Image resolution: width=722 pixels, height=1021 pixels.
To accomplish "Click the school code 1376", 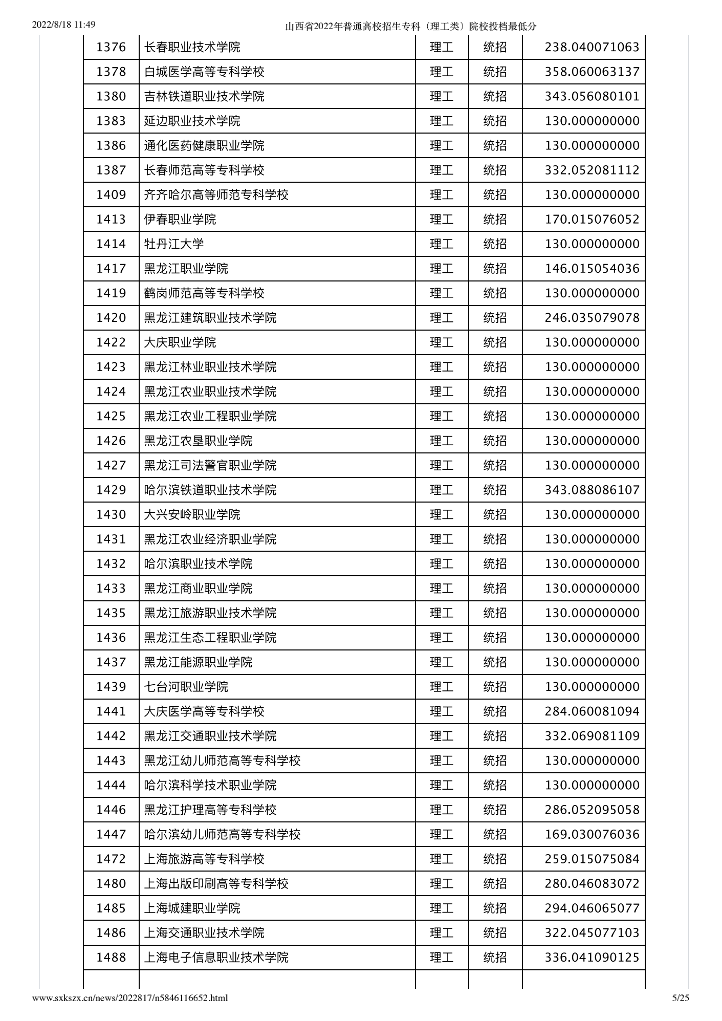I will pos(111,48).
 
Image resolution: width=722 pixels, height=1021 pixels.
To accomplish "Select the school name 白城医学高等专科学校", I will pos(204,72).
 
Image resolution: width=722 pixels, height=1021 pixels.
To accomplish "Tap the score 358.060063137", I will pos(592,72).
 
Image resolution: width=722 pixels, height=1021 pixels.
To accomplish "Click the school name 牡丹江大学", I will pos(174,244).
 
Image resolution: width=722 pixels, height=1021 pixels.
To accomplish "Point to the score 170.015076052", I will pos(592,220).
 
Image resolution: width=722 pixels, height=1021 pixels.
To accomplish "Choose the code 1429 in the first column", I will pos(111,490).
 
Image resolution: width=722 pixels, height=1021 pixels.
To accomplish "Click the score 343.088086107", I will pos(592,490).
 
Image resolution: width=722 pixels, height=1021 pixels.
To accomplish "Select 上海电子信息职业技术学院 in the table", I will pos(216,958).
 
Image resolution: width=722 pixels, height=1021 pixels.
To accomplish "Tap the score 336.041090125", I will pos(592,958).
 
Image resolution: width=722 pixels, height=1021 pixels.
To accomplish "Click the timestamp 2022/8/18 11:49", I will pos(64,25).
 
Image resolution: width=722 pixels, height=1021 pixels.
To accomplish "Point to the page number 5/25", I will pos(681,997).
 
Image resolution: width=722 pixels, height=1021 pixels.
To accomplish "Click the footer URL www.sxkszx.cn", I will pos(130,998).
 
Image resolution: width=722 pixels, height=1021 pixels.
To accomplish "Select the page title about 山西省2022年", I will pos(410,27).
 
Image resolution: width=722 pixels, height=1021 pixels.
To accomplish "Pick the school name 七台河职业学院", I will pos(186,687).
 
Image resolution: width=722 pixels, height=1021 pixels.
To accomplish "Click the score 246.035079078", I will pos(592,318).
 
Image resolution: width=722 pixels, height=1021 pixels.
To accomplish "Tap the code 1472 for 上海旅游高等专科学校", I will pos(111,859).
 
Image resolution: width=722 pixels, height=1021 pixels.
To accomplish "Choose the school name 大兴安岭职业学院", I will pos(192,515).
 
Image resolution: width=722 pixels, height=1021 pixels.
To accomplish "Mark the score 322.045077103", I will pos(592,933).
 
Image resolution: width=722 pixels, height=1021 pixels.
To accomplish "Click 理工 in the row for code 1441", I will pos(442,711).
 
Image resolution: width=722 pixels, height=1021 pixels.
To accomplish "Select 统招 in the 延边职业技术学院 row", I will pos(495,121).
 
